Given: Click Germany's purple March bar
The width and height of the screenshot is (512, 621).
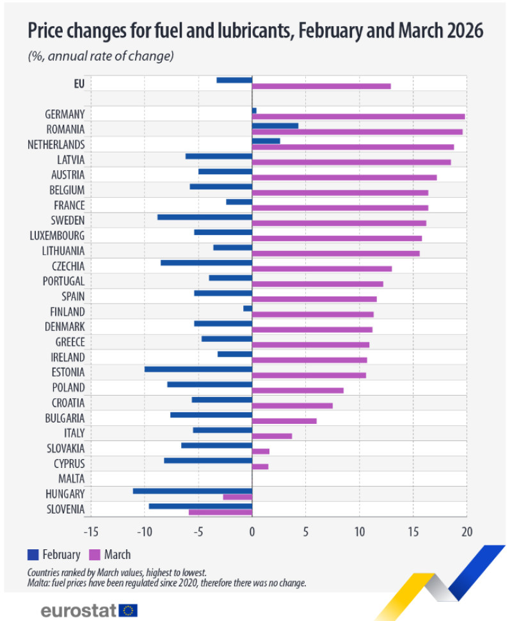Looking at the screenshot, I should [x=358, y=117].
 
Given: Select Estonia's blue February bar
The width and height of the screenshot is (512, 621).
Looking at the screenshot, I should [x=198, y=369].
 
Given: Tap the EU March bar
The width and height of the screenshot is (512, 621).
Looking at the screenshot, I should [x=321, y=86].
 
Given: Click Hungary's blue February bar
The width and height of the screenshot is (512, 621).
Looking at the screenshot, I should [x=192, y=490].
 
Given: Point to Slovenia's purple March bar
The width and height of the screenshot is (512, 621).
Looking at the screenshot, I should [x=220, y=512].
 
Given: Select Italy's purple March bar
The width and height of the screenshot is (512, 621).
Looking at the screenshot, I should [x=272, y=436].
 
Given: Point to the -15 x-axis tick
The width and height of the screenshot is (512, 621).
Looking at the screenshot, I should [x=91, y=531].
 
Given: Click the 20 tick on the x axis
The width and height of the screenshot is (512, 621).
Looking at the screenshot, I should [x=467, y=531].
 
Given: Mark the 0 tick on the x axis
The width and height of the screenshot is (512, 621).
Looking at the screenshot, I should [x=252, y=531].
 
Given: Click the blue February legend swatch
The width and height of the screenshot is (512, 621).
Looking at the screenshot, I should [x=33, y=554].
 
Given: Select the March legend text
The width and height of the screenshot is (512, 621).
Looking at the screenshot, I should [x=117, y=554].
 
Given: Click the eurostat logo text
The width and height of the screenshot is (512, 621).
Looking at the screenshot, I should [x=78, y=609].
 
